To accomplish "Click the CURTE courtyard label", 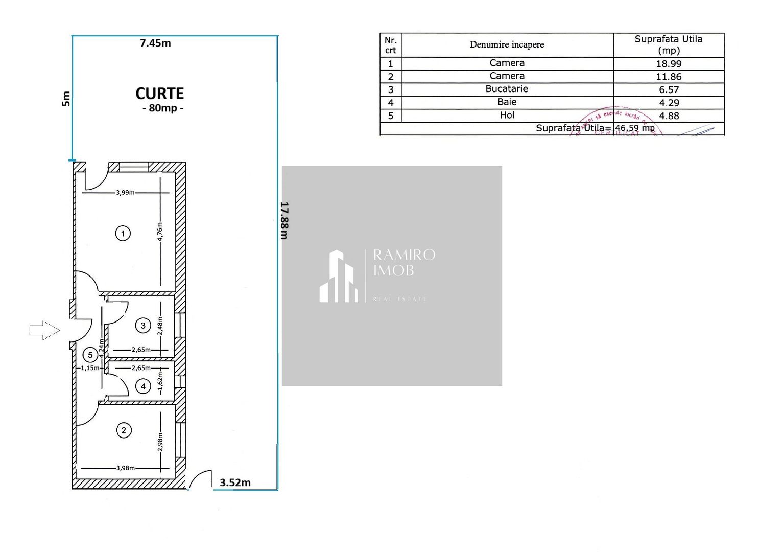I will click(x=159, y=94).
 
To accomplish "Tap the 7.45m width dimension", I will click(x=155, y=43).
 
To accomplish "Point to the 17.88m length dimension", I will click(x=284, y=220).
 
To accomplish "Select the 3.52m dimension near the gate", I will click(x=235, y=482).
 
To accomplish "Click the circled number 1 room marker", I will click(x=123, y=234).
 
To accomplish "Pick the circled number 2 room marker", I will click(x=124, y=430).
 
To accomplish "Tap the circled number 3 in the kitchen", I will click(x=143, y=325).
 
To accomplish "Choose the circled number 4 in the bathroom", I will click(x=143, y=386).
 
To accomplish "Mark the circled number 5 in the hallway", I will click(x=90, y=355).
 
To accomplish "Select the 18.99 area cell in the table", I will click(x=669, y=64).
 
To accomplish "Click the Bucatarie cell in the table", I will click(x=507, y=89).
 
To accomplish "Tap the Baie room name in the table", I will click(x=507, y=102).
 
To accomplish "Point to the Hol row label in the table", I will click(x=507, y=116).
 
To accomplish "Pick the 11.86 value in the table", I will click(x=669, y=77).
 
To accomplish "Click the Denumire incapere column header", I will click(x=507, y=44).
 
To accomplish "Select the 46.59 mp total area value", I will click(x=634, y=128).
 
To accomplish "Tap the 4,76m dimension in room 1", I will click(x=160, y=232).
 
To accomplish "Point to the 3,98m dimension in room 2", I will click(x=126, y=468).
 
